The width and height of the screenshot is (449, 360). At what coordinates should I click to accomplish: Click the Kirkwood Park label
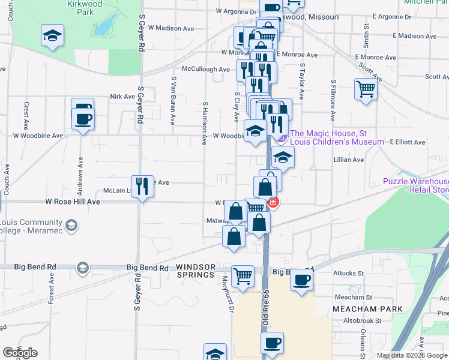(81, 7)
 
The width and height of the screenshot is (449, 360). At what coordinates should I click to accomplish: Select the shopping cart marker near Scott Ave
(366, 90)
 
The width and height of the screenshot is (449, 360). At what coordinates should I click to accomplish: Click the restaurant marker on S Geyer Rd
(142, 186)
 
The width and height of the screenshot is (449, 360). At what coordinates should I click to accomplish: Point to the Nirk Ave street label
(122, 96)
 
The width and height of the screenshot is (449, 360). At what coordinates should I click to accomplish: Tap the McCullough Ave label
(206, 70)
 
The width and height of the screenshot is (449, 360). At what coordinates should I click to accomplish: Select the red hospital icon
(273, 203)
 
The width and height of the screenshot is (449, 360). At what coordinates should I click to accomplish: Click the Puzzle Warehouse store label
(416, 186)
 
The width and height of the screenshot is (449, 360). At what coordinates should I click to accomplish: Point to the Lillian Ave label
(349, 160)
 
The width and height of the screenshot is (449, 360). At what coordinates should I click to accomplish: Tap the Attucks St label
(348, 274)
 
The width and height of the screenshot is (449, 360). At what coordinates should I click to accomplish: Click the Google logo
(20, 353)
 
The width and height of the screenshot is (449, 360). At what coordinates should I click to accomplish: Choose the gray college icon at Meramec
(71, 226)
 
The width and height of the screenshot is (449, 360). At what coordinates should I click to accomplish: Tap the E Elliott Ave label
(407, 142)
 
